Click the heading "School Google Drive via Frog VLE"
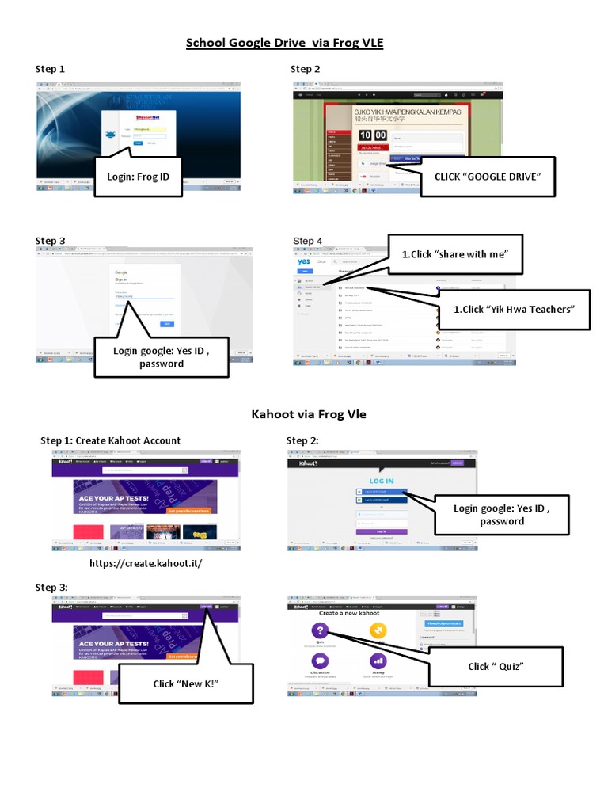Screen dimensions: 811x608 click(284, 43)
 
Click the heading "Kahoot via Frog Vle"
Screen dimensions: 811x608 click(309, 413)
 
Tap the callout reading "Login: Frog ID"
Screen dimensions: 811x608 click(139, 177)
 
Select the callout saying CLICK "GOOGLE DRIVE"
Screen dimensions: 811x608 click(488, 177)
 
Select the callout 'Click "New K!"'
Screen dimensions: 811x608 click(185, 683)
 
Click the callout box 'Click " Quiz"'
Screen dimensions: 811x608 click(496, 666)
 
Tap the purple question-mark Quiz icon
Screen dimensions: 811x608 click(320, 630)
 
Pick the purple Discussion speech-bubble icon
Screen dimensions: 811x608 click(320, 661)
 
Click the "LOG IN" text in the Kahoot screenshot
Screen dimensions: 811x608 click(381, 481)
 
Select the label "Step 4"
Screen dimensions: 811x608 click(308, 241)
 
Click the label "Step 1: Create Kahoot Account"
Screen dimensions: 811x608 click(110, 440)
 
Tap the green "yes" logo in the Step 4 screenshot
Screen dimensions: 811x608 click(304, 262)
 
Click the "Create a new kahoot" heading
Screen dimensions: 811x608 click(349, 613)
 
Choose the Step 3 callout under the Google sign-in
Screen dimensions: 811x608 click(161, 357)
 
